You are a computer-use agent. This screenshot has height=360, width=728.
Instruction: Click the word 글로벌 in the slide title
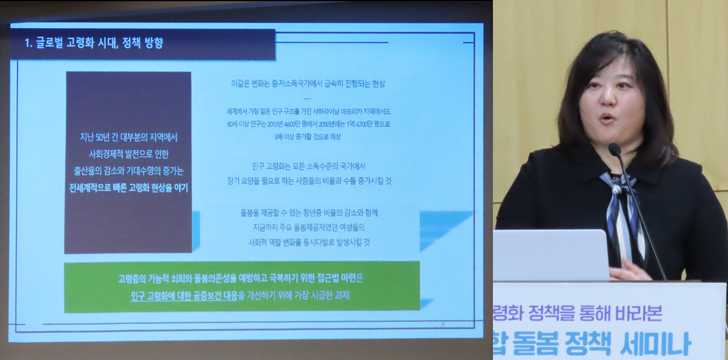tap(49, 42)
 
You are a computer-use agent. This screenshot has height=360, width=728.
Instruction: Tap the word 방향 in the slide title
tap(154, 42)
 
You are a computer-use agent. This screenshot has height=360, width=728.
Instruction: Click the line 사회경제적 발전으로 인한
tap(129, 154)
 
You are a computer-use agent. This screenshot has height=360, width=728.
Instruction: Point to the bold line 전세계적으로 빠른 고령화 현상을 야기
tap(129, 188)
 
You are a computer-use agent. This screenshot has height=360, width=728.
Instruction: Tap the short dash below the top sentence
tap(307, 99)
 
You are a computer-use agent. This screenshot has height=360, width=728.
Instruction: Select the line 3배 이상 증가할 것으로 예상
tap(308, 136)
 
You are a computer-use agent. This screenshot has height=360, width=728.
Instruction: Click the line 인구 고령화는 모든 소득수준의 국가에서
tap(309, 166)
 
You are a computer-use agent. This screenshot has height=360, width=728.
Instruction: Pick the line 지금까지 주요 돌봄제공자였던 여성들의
tap(309, 227)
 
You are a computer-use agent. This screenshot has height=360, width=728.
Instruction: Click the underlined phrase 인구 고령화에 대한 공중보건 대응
tap(184, 296)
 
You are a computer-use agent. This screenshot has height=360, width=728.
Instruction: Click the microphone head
tap(614, 148)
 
